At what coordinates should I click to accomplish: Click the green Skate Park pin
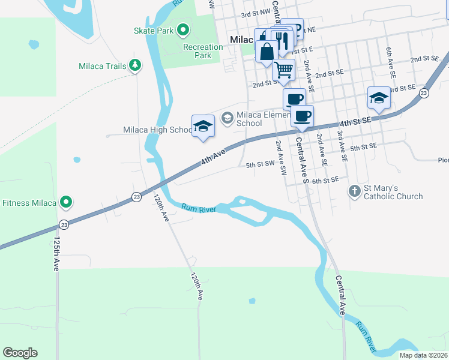coord(184,29)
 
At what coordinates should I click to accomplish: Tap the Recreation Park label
coord(203,51)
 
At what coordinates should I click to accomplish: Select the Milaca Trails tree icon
coord(136,65)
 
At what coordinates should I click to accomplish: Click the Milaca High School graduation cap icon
coord(203,126)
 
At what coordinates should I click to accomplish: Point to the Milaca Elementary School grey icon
coord(228,118)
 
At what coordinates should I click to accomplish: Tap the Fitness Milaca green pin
coord(67,202)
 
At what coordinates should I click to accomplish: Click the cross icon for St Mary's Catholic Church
coord(355,191)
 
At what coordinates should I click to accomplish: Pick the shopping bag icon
coord(266,51)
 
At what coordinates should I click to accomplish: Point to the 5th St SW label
coord(260,163)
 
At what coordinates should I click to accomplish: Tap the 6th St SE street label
coord(325,179)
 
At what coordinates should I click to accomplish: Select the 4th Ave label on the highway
coord(213,158)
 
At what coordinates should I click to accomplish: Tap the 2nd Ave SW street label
coord(280,157)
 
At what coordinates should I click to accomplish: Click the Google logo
coord(20,353)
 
